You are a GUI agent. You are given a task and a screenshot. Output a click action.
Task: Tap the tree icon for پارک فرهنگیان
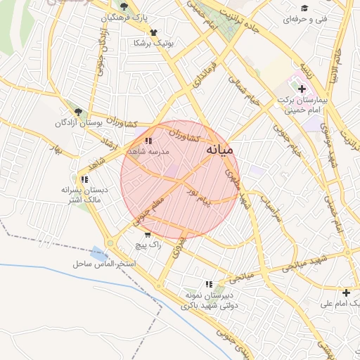click(x=124, y=6)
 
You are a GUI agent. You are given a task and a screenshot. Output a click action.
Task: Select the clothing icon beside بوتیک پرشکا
click(x=153, y=32)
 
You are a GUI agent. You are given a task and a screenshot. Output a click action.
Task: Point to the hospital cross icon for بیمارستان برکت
click(x=303, y=89)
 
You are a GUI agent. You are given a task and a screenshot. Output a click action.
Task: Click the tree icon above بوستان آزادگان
click(x=78, y=111)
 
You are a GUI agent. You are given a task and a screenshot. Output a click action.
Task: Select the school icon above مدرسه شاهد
click(x=148, y=141)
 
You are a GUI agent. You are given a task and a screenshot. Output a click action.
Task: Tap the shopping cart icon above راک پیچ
click(x=147, y=235)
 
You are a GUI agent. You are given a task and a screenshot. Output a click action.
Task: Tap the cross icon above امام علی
click(x=345, y=292)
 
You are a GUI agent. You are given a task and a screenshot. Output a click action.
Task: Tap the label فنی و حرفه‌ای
click(x=304, y=20)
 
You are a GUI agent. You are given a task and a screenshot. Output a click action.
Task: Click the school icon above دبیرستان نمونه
click(x=206, y=283)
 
